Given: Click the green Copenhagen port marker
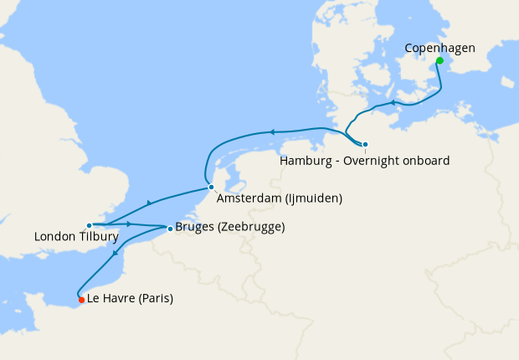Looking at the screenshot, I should (439, 60).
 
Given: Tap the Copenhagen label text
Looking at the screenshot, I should (439, 49).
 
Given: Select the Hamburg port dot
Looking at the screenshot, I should (365, 144).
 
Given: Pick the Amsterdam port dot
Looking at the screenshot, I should (211, 187).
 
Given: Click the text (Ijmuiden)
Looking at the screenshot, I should (313, 199).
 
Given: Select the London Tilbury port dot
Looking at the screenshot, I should (89, 225).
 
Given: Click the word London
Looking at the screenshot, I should (54, 238).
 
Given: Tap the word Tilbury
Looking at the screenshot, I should (99, 238).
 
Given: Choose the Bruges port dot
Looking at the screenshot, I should (170, 228).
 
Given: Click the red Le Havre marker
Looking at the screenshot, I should (80, 299).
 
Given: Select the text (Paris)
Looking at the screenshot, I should (156, 299).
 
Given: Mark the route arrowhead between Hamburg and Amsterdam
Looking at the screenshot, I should (270, 131).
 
